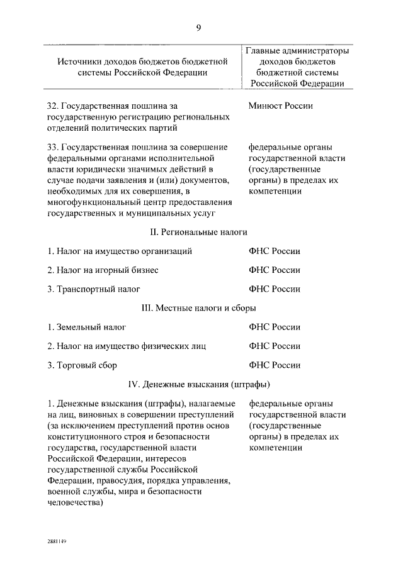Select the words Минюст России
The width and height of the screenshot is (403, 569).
point(280,106)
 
